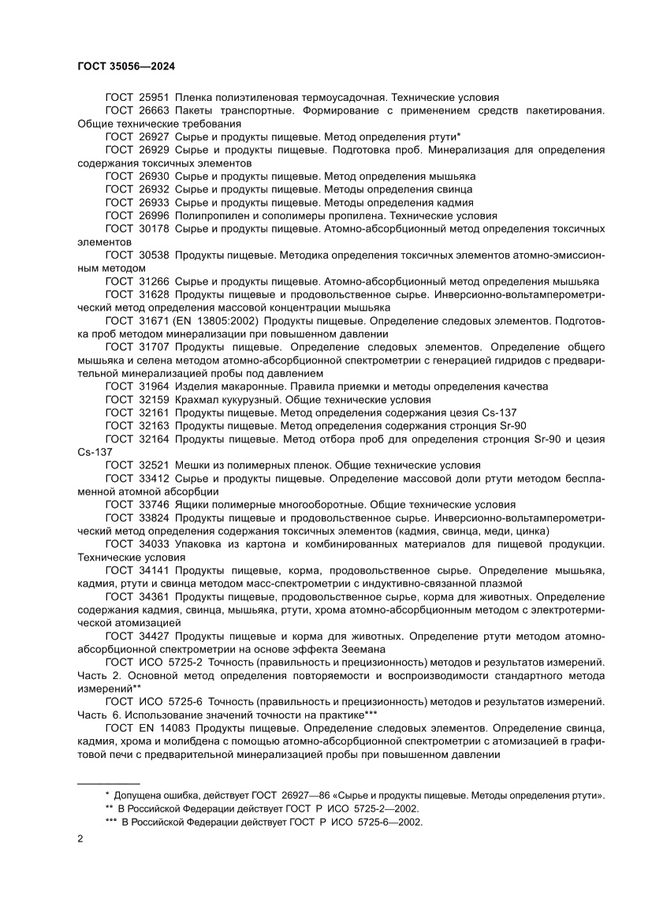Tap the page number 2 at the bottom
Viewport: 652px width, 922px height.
pos(81,838)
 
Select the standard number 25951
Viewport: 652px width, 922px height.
pos(154,97)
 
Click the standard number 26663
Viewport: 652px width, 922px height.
pos(154,110)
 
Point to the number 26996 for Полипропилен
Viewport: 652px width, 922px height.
pos(154,215)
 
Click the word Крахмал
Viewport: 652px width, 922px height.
pos(197,400)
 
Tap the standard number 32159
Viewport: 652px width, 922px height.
pos(154,400)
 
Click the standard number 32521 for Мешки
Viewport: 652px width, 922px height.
pos(154,465)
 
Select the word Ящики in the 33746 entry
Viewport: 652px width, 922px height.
pos(192,505)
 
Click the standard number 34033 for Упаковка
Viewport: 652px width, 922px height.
pos(154,544)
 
